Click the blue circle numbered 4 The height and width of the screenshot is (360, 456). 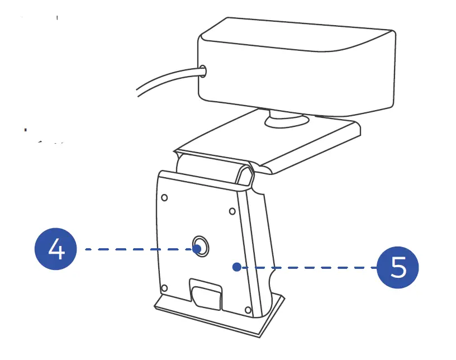point(56,249)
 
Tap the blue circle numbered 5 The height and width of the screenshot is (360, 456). point(398,268)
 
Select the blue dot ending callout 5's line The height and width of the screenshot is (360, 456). point(237,267)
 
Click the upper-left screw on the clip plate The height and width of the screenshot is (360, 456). point(164,197)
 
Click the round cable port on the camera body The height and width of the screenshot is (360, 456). point(202,71)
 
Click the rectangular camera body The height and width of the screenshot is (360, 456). point(296,67)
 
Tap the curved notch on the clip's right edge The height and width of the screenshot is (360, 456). point(273,280)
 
